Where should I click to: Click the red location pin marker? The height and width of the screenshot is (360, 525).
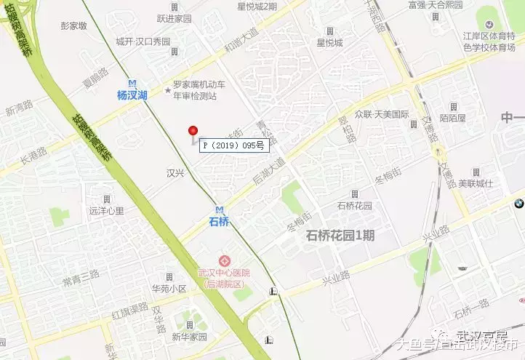(x=193, y=132)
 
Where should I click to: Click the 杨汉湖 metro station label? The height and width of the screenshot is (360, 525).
(x=132, y=95)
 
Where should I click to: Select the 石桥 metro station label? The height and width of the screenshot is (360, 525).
(x=218, y=221)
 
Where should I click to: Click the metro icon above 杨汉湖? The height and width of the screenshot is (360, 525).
(x=132, y=83)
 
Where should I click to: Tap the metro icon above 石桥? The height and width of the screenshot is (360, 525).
(x=219, y=209)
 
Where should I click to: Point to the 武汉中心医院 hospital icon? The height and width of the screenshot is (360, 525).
(x=224, y=260)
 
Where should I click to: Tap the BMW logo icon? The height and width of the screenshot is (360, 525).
(x=518, y=205)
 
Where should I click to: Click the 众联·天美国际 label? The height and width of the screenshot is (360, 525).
(x=382, y=114)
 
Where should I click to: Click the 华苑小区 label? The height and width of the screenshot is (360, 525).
(x=169, y=289)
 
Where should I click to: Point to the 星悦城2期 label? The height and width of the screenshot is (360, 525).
(x=257, y=7)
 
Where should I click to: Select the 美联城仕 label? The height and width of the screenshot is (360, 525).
(x=476, y=184)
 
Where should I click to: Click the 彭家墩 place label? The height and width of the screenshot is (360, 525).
(x=74, y=25)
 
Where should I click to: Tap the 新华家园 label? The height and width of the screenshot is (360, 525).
(x=189, y=337)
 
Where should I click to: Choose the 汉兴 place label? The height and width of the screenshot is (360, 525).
(x=177, y=173)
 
